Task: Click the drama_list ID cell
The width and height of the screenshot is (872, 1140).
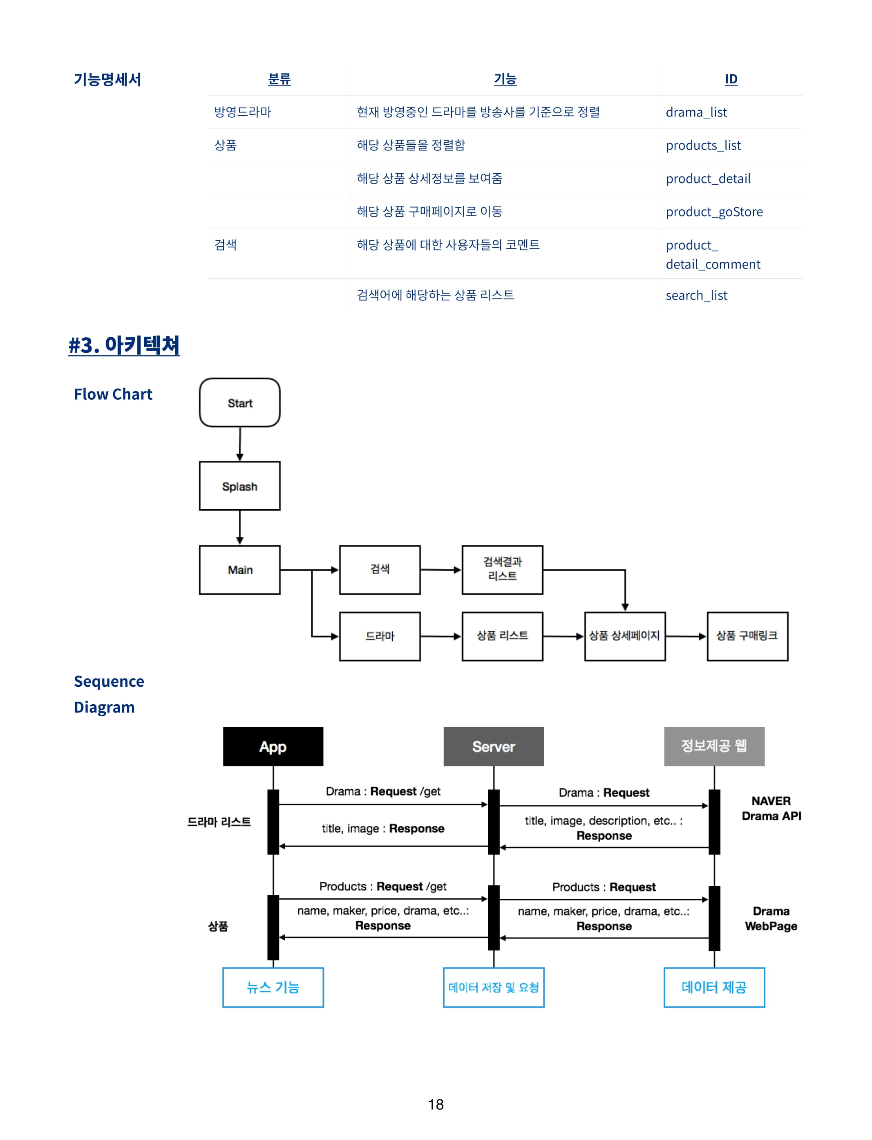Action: pyautogui.click(x=696, y=112)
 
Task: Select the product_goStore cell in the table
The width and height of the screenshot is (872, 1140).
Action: pyautogui.click(x=714, y=212)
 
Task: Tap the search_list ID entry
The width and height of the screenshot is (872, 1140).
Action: pyautogui.click(x=697, y=296)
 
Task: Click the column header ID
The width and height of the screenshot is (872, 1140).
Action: pyautogui.click(x=731, y=79)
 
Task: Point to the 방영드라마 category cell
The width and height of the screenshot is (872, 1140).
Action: pyautogui.click(x=243, y=112)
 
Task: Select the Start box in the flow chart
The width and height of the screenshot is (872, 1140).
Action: pyautogui.click(x=240, y=403)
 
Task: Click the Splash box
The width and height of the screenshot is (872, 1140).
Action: pyautogui.click(x=240, y=486)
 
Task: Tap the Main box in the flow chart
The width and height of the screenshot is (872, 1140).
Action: pyautogui.click(x=240, y=570)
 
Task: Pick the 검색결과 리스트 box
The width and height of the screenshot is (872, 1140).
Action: pyautogui.click(x=503, y=570)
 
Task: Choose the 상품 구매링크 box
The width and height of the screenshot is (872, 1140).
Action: pyautogui.click(x=747, y=636)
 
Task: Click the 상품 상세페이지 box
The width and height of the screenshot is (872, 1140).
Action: pyautogui.click(x=625, y=636)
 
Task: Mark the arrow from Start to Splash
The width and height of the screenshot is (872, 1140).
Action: pyautogui.click(x=240, y=444)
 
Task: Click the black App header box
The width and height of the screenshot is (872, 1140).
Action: pyautogui.click(x=273, y=746)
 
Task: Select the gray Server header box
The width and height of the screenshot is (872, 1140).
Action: pyautogui.click(x=494, y=746)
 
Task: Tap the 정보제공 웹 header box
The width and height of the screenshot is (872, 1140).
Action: pyautogui.click(x=714, y=746)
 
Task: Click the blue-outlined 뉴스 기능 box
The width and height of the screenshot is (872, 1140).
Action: pyautogui.click(x=273, y=988)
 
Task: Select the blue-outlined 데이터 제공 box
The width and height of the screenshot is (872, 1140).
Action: pyautogui.click(x=714, y=988)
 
